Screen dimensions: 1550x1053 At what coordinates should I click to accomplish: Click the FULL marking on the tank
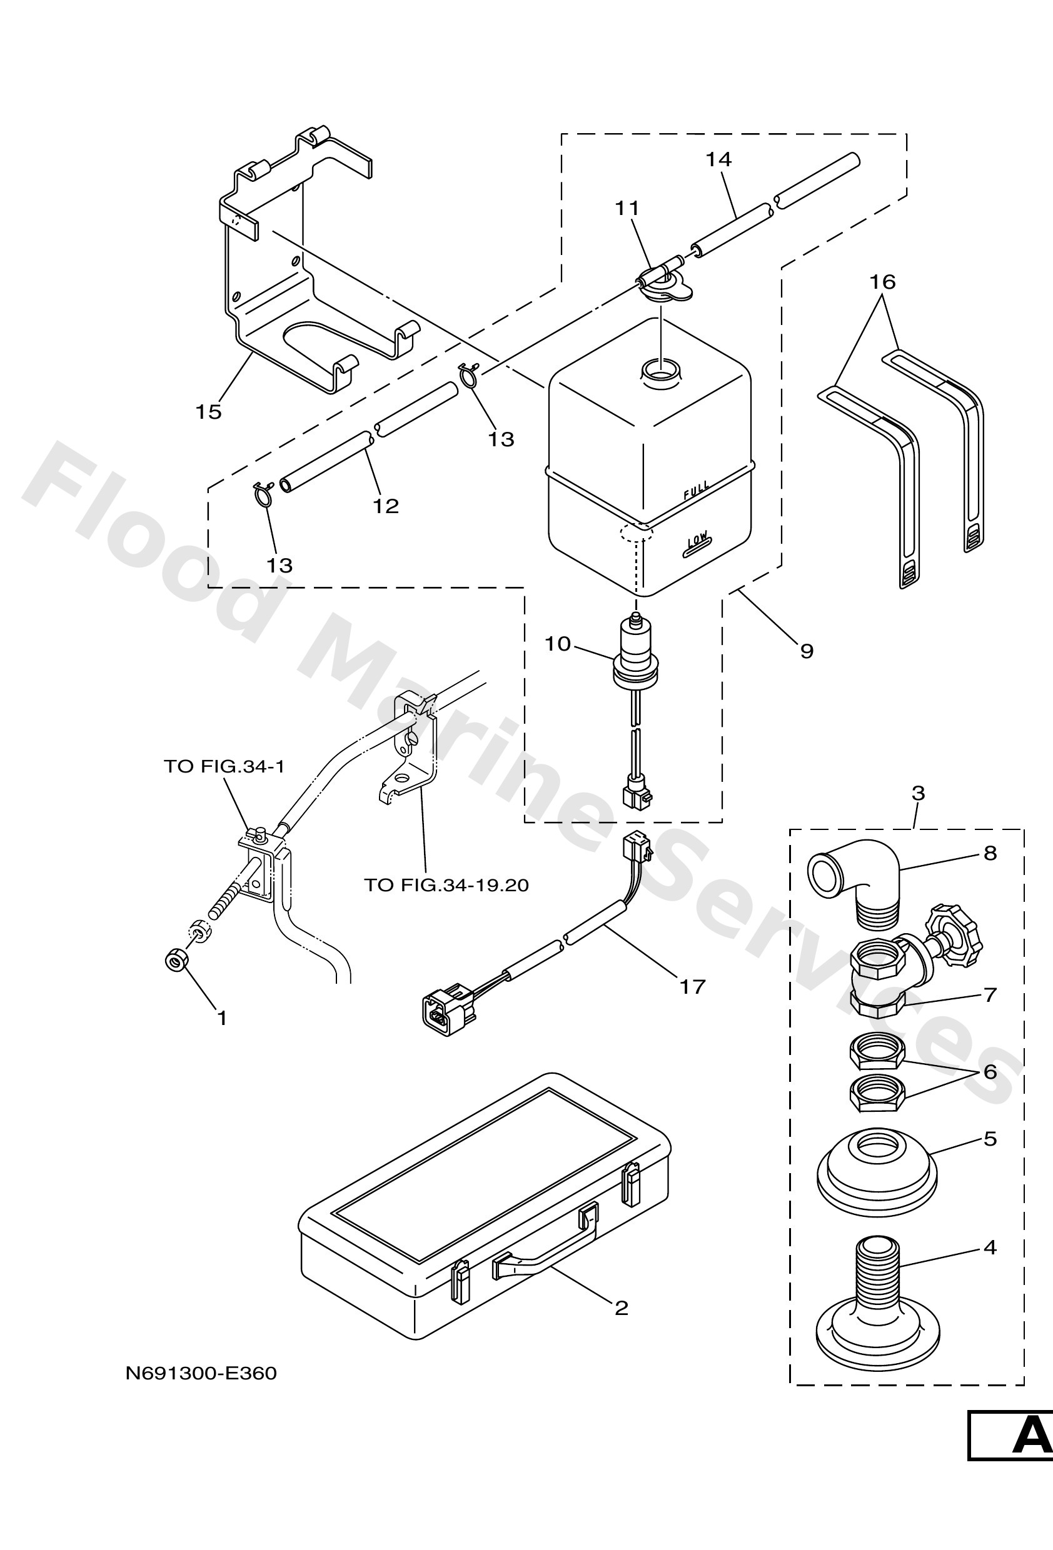pos(696,490)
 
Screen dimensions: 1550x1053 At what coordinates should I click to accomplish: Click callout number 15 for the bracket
pos(208,412)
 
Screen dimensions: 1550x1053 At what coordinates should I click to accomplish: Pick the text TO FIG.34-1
pos(224,766)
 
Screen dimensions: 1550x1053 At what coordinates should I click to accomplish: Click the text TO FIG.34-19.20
pos(446,885)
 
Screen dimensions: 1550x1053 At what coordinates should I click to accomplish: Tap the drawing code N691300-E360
pos(201,1373)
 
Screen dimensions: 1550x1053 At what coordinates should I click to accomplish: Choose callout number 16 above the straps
pos(882,282)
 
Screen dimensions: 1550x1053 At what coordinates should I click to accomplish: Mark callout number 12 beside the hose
pos(386,506)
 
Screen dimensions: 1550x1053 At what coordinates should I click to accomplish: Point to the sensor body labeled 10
pos(636,647)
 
